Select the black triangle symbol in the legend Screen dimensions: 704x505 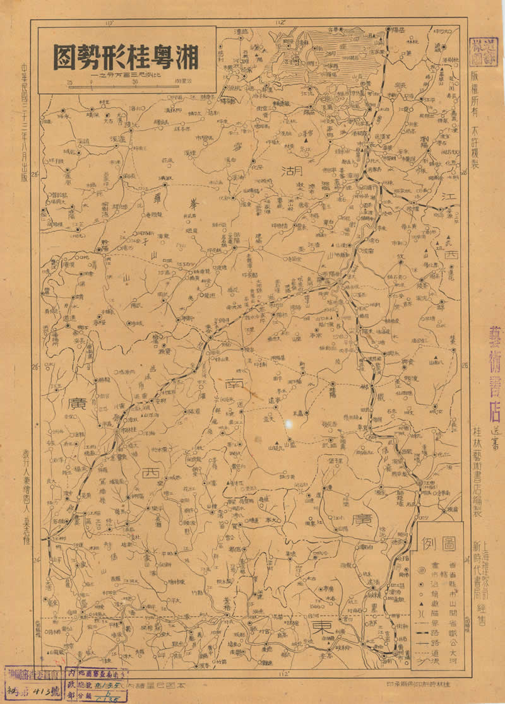[420, 606]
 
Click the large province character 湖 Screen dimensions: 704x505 [292, 171]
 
